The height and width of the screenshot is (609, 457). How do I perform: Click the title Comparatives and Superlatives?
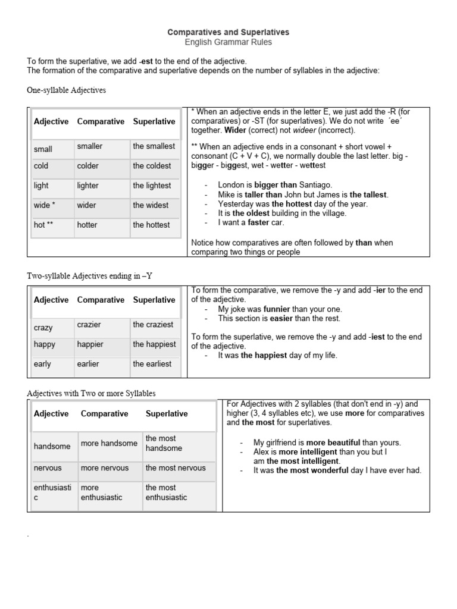[x=228, y=32]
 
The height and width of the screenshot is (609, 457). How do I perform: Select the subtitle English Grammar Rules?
[x=228, y=42]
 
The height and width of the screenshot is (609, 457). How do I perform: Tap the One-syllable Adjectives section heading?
[x=67, y=90]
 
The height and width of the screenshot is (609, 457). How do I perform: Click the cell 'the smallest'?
[x=154, y=146]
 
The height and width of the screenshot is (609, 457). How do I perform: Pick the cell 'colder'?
[x=88, y=166]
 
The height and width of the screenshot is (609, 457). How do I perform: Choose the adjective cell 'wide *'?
[x=45, y=205]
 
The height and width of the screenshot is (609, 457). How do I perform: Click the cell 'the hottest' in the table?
[x=151, y=225]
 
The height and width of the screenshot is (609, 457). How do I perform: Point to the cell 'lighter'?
[x=88, y=186]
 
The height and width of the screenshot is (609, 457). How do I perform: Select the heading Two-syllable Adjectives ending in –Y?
[x=90, y=275]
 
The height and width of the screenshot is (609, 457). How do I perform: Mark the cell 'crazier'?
[x=89, y=325]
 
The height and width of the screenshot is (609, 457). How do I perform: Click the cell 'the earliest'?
[x=152, y=364]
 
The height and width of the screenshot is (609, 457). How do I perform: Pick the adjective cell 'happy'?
[x=45, y=344]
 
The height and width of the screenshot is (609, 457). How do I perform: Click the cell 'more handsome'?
[x=109, y=444]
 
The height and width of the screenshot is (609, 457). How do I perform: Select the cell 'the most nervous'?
[x=176, y=468]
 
